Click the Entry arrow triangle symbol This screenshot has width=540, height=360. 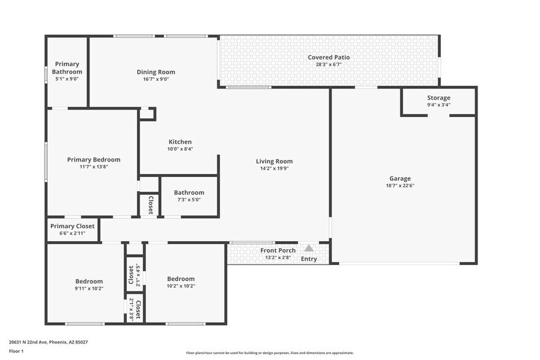[x=309, y=249]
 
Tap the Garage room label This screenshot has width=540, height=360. [x=398, y=179]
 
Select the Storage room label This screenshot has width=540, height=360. [x=438, y=98]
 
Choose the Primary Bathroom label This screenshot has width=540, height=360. [x=67, y=67]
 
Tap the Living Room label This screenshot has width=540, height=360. [x=274, y=162]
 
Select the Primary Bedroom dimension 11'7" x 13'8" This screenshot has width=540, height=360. [x=94, y=167]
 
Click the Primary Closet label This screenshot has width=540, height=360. [x=72, y=226]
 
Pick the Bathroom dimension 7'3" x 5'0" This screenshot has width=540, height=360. [x=189, y=200]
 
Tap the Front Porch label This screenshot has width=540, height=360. [x=278, y=250]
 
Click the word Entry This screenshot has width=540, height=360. [x=309, y=259]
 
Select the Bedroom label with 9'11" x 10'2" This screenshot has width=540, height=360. [x=89, y=281]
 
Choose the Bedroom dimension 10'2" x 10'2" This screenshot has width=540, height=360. [x=181, y=285]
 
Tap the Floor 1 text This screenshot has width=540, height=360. [x=16, y=351]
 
